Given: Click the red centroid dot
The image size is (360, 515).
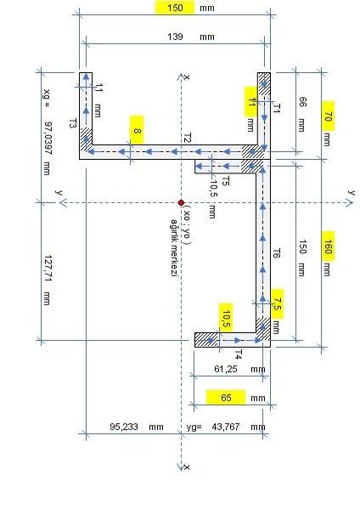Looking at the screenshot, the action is coord(181,202).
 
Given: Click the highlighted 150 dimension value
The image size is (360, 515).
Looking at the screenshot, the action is coord(175,8).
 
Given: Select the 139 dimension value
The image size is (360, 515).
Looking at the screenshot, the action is coord(175,37).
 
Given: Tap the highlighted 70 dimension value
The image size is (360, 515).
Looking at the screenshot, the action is coord(328,116).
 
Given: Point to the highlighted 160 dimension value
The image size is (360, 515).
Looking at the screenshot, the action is coord(328,246).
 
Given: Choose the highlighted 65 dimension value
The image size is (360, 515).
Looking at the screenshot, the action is coord(226,398).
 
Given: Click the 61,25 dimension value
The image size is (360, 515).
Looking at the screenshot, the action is coord(226,369).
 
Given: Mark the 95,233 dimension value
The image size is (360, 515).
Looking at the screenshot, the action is coord(124,427).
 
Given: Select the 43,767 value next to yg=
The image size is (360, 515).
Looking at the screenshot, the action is coord(226,427).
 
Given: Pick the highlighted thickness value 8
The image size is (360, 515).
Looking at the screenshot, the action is coord(137,130).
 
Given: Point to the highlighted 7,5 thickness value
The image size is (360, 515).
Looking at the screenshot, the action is coord(278,303).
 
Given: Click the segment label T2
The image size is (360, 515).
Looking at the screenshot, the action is coord(187,138).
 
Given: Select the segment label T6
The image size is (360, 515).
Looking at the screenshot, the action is coord(277,253).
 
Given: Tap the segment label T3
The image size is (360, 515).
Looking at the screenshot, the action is coord(73,123).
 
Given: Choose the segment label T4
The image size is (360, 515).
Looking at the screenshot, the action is coord(239,354).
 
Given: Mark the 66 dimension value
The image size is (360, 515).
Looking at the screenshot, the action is coord(302,102).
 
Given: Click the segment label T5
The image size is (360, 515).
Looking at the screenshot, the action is coord(226,181).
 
